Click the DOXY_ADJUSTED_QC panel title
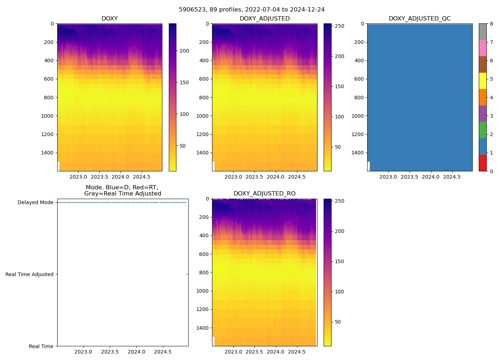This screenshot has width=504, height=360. (419, 19)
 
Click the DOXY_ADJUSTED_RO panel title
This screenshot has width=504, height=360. (265, 194)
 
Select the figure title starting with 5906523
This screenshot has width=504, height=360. (252, 9)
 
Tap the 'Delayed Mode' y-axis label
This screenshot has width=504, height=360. (35, 202)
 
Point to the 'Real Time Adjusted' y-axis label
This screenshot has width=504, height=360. (30, 274)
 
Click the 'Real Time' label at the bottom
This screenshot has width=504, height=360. (41, 346)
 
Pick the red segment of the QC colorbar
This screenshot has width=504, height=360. (482, 163)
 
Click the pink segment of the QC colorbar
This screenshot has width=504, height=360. (482, 48)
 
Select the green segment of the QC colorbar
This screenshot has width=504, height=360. (482, 130)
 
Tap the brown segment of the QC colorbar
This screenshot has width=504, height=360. (482, 64)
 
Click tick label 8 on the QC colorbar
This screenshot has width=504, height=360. (491, 24)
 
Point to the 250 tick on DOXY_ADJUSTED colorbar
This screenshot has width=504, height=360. (339, 26)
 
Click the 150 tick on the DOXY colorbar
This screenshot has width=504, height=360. (184, 82)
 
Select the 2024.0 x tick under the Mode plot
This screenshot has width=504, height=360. (136, 352)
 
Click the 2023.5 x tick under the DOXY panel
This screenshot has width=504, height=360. (99, 177)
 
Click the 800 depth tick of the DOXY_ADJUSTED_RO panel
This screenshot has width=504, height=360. (204, 273)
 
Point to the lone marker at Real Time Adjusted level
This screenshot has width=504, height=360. (187, 274)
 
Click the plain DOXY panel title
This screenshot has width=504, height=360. (109, 19)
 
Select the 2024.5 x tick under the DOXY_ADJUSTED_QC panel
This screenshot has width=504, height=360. (451, 177)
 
